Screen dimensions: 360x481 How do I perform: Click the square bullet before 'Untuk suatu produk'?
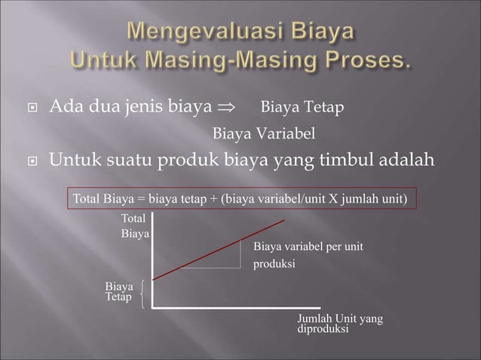(32, 160)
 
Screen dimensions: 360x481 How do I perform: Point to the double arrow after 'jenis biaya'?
(225, 110)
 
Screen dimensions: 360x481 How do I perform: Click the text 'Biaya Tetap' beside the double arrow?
(302, 110)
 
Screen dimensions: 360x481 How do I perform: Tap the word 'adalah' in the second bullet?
(407, 160)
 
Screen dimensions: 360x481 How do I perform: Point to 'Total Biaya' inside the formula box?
(103, 199)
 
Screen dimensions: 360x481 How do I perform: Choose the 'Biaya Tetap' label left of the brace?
(119, 293)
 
